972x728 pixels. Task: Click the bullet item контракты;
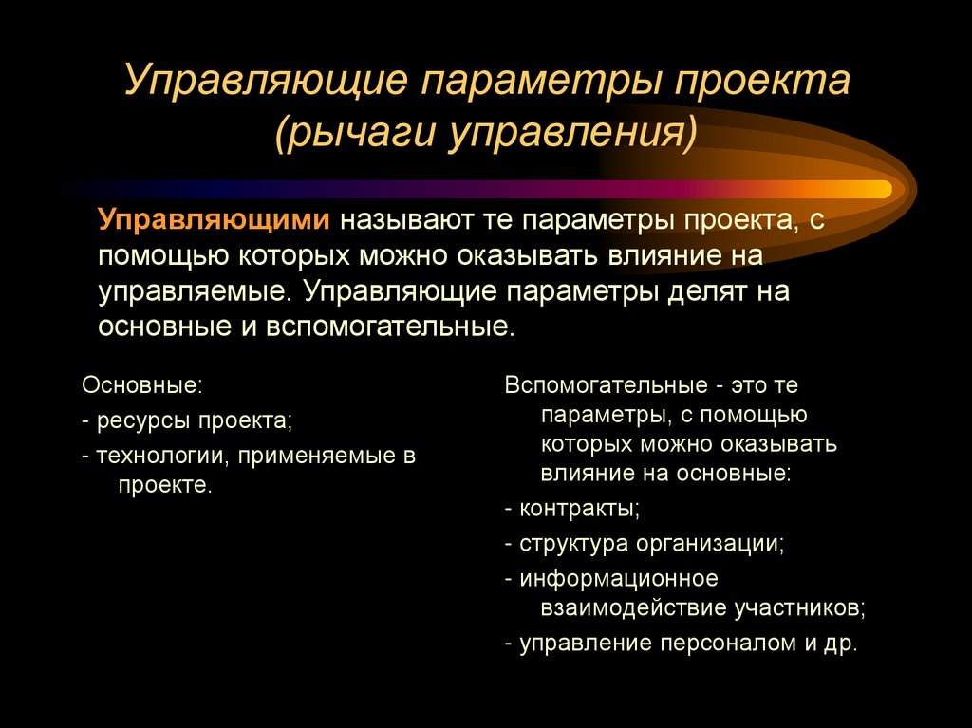(578, 508)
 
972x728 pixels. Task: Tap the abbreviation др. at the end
(841, 643)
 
